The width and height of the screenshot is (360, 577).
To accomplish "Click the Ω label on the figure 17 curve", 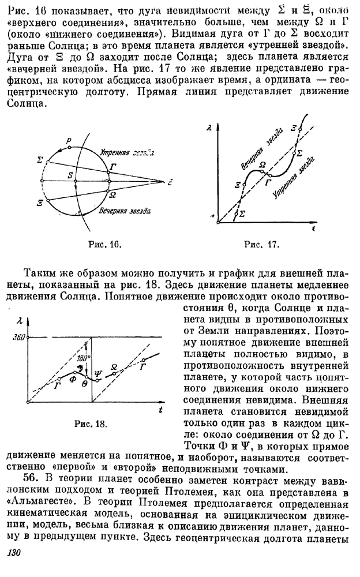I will [x=263, y=164].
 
